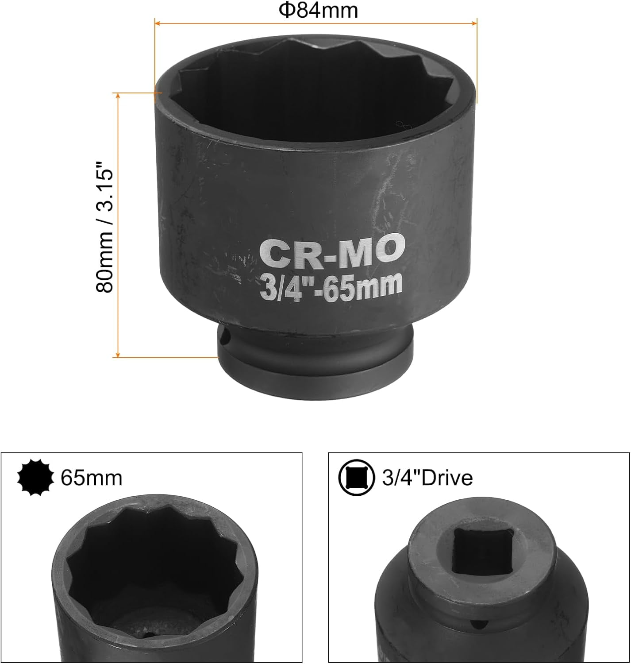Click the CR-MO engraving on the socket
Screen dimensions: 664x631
click(332, 251)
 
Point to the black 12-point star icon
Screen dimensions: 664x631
click(35, 478)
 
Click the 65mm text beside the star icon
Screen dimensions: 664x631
click(91, 478)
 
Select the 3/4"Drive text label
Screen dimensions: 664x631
click(427, 478)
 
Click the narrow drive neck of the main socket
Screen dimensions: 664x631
click(316, 350)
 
